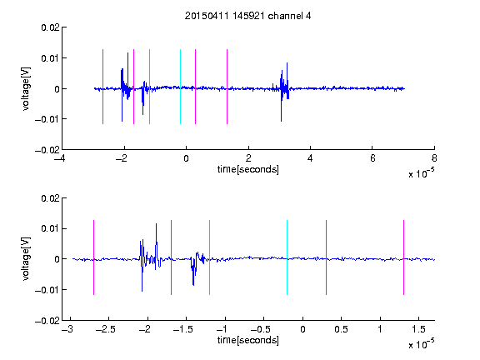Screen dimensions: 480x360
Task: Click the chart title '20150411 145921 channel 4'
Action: point(247,16)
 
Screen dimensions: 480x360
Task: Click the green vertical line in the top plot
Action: point(149,87)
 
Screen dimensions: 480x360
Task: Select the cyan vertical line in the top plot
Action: point(180,87)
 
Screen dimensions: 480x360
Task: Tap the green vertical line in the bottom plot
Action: point(209,257)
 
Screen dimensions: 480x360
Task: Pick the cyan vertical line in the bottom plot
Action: point(287,257)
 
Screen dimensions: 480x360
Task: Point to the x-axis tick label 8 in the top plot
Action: point(434,158)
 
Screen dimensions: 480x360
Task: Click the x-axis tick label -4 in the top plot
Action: point(60,158)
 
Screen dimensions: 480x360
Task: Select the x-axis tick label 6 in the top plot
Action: point(372,158)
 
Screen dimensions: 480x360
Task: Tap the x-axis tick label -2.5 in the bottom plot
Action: point(105,329)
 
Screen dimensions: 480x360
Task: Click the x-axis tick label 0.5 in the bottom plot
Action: point(341,329)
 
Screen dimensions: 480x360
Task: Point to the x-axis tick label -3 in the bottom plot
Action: point(67,329)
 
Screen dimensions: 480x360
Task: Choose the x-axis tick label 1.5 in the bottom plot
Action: point(418,329)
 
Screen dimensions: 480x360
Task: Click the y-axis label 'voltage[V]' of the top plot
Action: point(26,89)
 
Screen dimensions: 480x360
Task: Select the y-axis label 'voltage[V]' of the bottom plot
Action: point(26,259)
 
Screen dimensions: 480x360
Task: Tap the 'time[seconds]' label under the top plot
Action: point(248,169)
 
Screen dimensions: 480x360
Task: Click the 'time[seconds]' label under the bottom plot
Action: point(248,340)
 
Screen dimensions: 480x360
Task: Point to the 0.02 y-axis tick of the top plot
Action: point(50,27)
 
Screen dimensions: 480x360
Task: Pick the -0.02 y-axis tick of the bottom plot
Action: point(47,321)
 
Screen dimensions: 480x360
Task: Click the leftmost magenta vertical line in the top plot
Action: point(102,87)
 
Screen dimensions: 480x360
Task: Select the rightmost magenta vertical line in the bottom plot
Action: point(403,257)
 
